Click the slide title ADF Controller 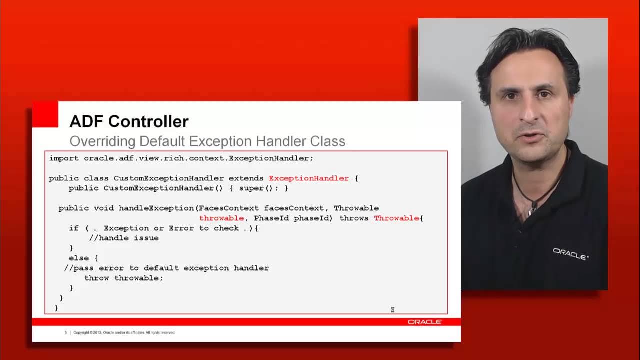[129, 121]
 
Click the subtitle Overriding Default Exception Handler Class [207, 141]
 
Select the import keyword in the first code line [63, 158]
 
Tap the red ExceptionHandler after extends [308, 178]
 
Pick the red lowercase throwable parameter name [221, 218]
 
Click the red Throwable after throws [397, 218]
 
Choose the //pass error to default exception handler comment [166, 268]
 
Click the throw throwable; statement [124, 278]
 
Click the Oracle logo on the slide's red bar [424, 322]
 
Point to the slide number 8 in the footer [65, 333]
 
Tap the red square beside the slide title [45, 114]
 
